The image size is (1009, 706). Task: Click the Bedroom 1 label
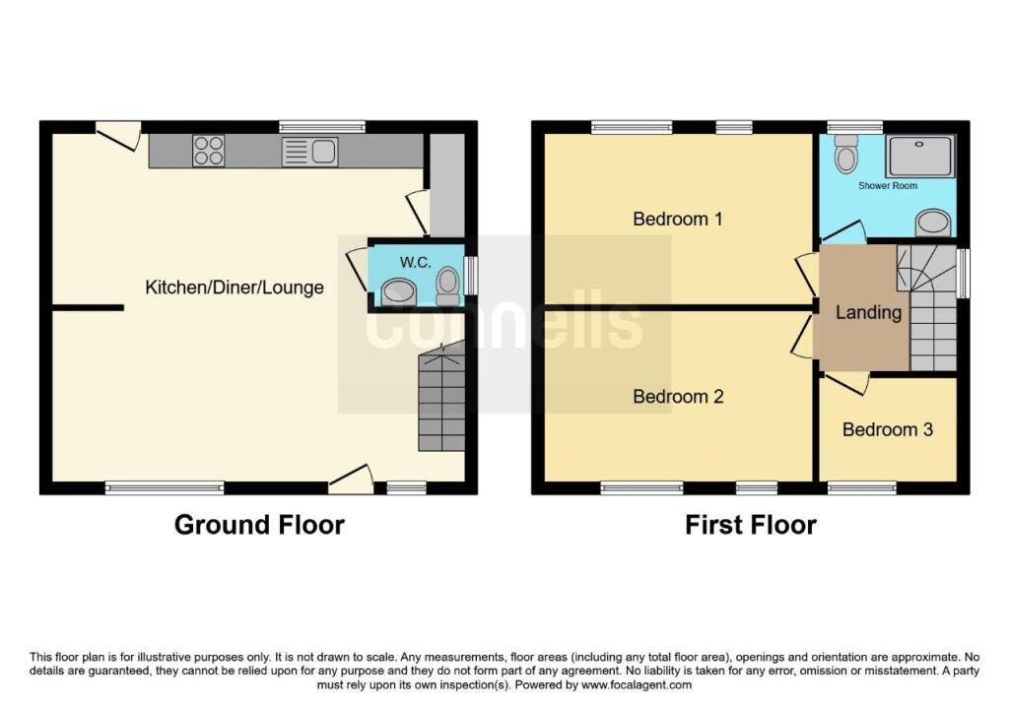click(678, 220)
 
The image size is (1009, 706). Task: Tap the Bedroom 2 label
click(678, 397)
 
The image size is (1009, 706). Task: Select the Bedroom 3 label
click(888, 429)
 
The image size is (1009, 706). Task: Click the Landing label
click(868, 313)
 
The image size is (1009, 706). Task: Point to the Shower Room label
click(888, 186)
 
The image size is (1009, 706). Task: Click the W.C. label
click(415, 262)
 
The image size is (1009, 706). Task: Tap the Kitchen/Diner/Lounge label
click(235, 288)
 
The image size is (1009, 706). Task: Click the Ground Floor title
click(259, 525)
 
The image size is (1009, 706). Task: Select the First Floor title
click(750, 525)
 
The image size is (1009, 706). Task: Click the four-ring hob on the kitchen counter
click(208, 151)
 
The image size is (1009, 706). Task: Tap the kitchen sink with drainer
click(309, 152)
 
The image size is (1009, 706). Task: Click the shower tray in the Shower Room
click(919, 156)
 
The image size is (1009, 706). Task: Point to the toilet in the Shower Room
click(844, 154)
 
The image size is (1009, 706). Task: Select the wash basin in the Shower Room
click(933, 224)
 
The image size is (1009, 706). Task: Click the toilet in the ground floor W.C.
click(447, 287)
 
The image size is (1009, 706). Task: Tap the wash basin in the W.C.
click(399, 292)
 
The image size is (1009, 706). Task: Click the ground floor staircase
click(441, 397)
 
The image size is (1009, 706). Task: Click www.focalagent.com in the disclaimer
click(637, 685)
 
